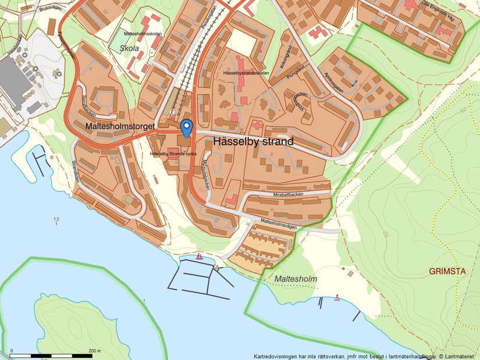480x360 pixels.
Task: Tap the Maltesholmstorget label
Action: tap(119, 126)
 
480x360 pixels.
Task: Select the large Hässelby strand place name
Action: tap(254, 141)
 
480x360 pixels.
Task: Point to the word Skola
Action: tap(130, 49)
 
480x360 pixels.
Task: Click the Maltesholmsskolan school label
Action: tap(143, 34)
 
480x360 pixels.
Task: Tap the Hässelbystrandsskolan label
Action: tap(246, 73)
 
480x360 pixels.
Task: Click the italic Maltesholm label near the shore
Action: tap(297, 279)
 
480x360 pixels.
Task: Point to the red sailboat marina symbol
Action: tap(200, 256)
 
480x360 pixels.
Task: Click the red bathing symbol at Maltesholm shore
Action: tap(337, 298)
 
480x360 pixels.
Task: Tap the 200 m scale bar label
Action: tap(94, 351)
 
